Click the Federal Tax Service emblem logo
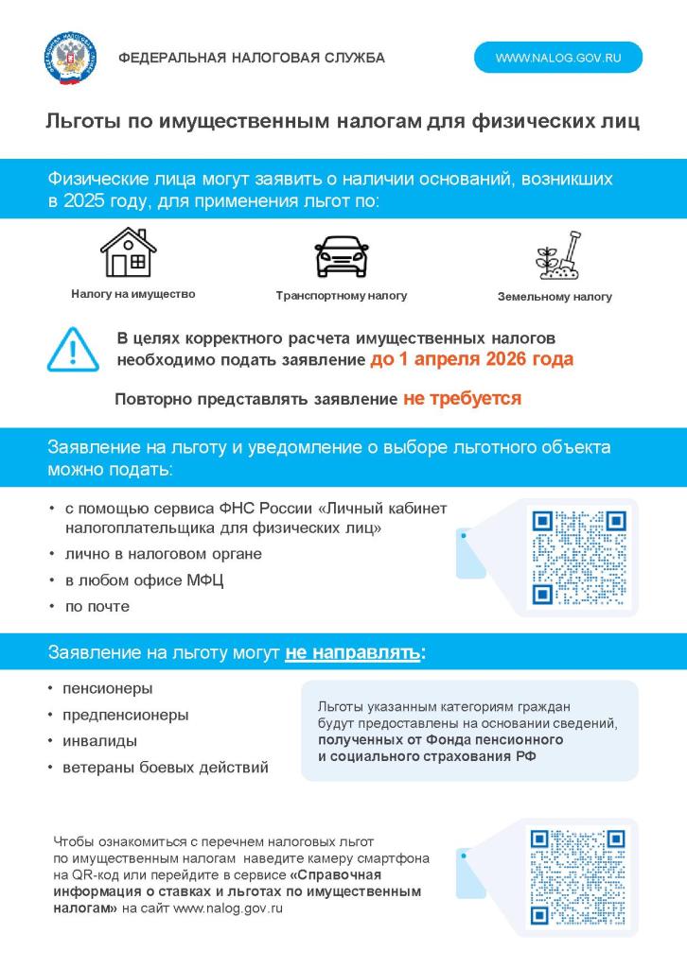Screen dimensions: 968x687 point(71,58)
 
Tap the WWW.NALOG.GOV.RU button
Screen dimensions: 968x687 point(557,58)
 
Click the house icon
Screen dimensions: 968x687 point(128,251)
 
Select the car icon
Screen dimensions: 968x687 point(341,255)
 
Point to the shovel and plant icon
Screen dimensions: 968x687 point(556,256)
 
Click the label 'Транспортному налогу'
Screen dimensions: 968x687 point(341,296)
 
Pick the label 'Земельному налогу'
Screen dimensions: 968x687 point(555,297)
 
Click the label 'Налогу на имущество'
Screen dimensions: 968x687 point(132,294)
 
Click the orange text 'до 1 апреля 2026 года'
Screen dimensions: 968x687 point(471,360)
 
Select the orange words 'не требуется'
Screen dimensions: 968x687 point(462,399)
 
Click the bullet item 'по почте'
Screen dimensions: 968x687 point(97,607)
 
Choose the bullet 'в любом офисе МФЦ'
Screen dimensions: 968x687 point(144,580)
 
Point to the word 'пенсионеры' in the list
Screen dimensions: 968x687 point(107,688)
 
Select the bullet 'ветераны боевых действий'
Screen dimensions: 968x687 point(165,768)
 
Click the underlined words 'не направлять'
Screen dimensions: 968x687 point(352,653)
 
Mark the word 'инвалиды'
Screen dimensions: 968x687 point(99,741)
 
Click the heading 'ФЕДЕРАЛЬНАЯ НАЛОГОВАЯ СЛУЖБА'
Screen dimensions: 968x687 point(252,58)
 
